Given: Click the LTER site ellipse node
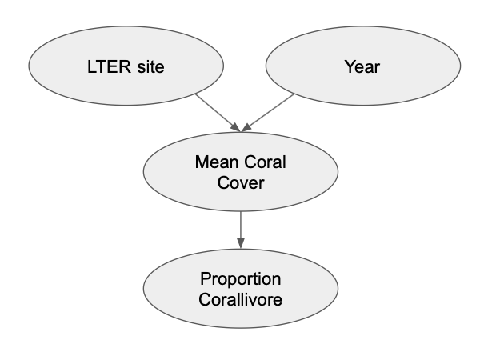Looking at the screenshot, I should coord(126,66).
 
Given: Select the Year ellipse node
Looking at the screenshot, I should coord(362,66).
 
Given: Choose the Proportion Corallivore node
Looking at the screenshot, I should coord(241,290).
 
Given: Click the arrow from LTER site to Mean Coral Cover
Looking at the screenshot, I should coord(216,112).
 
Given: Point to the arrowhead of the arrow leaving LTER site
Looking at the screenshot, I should coord(235,128).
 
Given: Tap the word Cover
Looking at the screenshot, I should coord(241,183).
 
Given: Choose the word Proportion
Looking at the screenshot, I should coord(241,280).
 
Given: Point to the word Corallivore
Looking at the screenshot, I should coord(241,300).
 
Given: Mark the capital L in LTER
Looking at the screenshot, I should coord(91,66).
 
